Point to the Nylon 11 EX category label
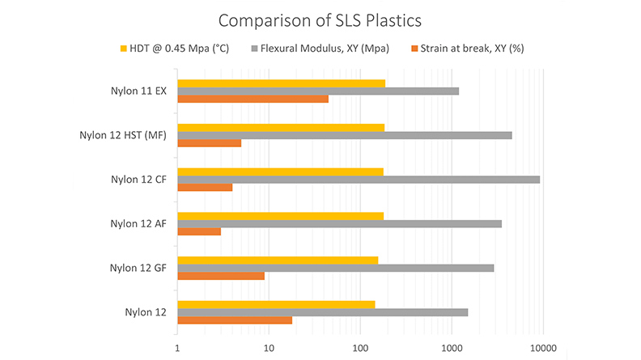click(x=138, y=91)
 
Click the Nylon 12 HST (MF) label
click(x=123, y=135)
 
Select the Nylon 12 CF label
click(x=138, y=180)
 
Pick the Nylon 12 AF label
click(x=138, y=223)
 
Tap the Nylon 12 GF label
click(x=138, y=267)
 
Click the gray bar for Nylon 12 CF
click(x=358, y=179)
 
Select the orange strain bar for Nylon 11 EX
click(x=253, y=100)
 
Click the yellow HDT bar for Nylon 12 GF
click(x=277, y=260)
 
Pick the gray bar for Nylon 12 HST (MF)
click(x=344, y=135)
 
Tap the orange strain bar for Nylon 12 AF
click(x=198, y=231)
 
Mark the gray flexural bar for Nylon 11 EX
click(x=317, y=91)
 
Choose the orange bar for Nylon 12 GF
click(x=220, y=276)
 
